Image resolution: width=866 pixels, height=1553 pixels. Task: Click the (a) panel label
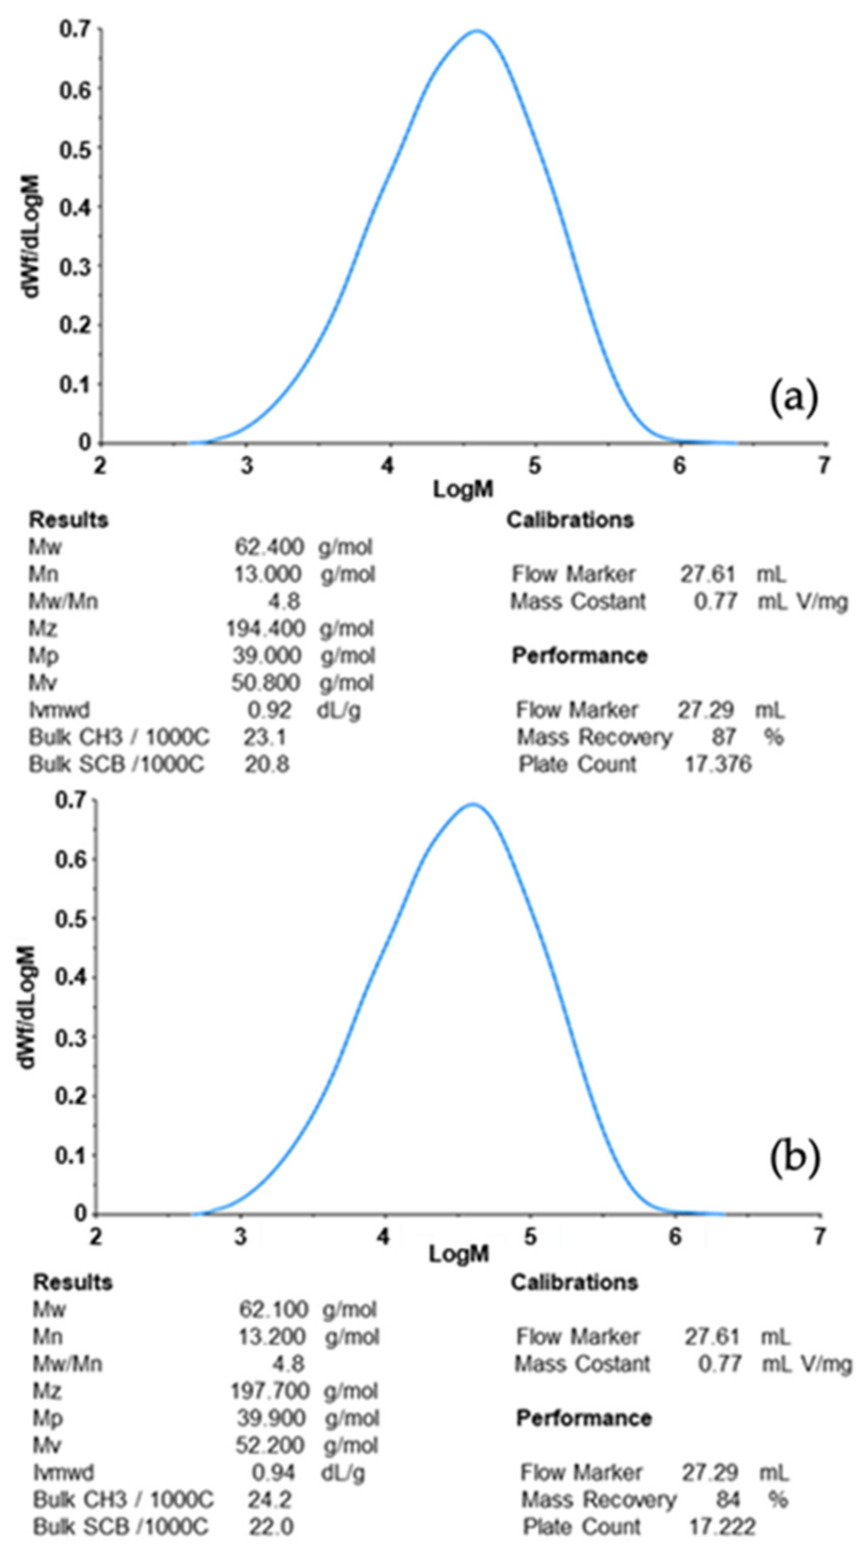[794, 399]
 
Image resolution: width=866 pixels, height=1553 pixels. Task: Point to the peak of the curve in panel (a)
[477, 31]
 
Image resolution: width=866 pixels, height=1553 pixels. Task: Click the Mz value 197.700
[270, 1391]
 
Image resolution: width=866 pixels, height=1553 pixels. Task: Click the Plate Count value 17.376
[718, 764]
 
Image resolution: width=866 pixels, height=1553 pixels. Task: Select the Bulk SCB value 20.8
[266, 764]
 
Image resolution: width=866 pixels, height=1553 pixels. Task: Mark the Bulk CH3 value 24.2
[270, 1499]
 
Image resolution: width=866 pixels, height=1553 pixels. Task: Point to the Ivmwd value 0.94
[273, 1472]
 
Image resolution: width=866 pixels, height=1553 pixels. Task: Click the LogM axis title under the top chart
[463, 489]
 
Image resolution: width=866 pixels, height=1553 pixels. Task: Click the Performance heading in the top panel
[579, 656]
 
